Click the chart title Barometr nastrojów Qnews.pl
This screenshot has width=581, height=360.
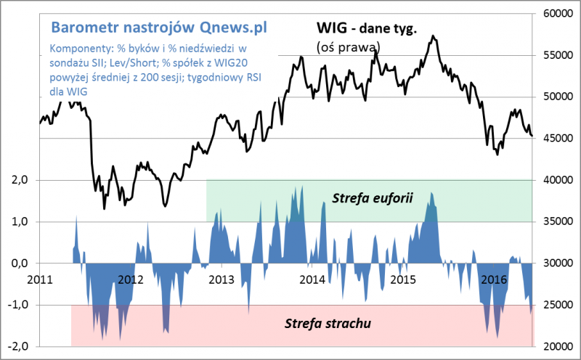tap(159, 27)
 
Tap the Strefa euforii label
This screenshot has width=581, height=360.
tap(372, 197)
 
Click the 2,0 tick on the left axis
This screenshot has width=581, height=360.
tap(16, 180)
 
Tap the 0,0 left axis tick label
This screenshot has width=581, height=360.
tap(16, 263)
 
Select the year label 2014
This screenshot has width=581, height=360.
tap(312, 279)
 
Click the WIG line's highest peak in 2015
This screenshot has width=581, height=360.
tap(433, 36)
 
